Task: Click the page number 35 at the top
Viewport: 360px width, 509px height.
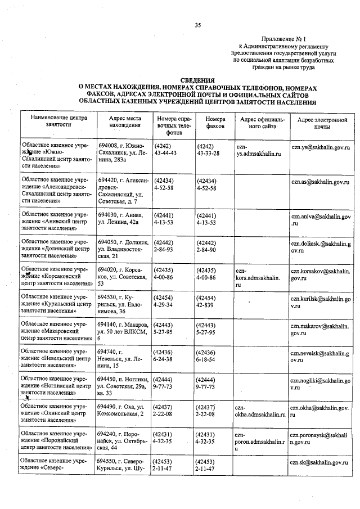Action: [197, 25]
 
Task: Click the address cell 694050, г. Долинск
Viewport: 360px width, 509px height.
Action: [123, 249]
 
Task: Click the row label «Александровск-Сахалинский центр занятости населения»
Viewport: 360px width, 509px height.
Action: [57, 191]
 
